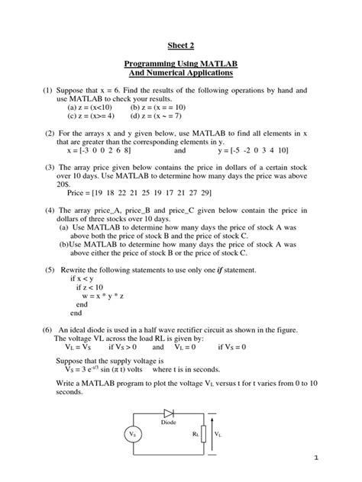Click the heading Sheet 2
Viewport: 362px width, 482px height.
pyautogui.click(x=181, y=46)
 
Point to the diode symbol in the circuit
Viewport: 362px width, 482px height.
pyautogui.click(x=169, y=412)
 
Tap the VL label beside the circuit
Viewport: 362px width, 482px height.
pyautogui.click(x=218, y=434)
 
